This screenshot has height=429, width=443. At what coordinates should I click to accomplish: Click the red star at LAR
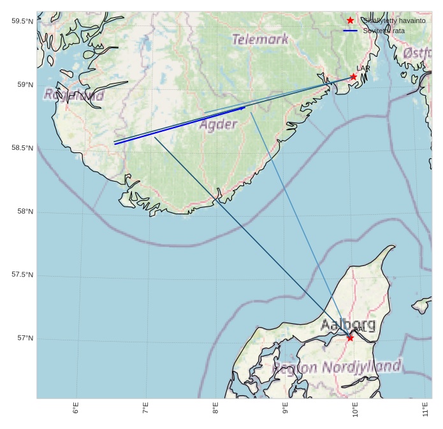[353, 77]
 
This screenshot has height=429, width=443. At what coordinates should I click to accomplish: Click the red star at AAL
[350, 338]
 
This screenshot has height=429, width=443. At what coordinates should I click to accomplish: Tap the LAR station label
[363, 68]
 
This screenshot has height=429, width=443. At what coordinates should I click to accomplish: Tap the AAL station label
[360, 330]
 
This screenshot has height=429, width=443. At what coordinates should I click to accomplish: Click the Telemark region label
[260, 40]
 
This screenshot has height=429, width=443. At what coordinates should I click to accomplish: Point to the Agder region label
[218, 124]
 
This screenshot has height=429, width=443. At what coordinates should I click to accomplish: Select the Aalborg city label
[347, 324]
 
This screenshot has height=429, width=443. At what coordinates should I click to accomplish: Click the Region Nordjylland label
[337, 367]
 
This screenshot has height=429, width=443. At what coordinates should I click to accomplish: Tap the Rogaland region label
[73, 96]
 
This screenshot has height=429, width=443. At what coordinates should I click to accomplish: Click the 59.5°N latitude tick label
[22, 21]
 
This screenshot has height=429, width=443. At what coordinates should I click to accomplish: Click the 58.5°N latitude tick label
[22, 148]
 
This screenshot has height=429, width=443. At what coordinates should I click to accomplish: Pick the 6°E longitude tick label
[76, 408]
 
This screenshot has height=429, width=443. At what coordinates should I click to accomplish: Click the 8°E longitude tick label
[215, 408]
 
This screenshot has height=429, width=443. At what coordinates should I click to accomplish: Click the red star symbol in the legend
[350, 20]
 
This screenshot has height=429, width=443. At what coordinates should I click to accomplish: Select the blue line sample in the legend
[350, 31]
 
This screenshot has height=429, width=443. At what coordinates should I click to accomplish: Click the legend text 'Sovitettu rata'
[384, 31]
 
